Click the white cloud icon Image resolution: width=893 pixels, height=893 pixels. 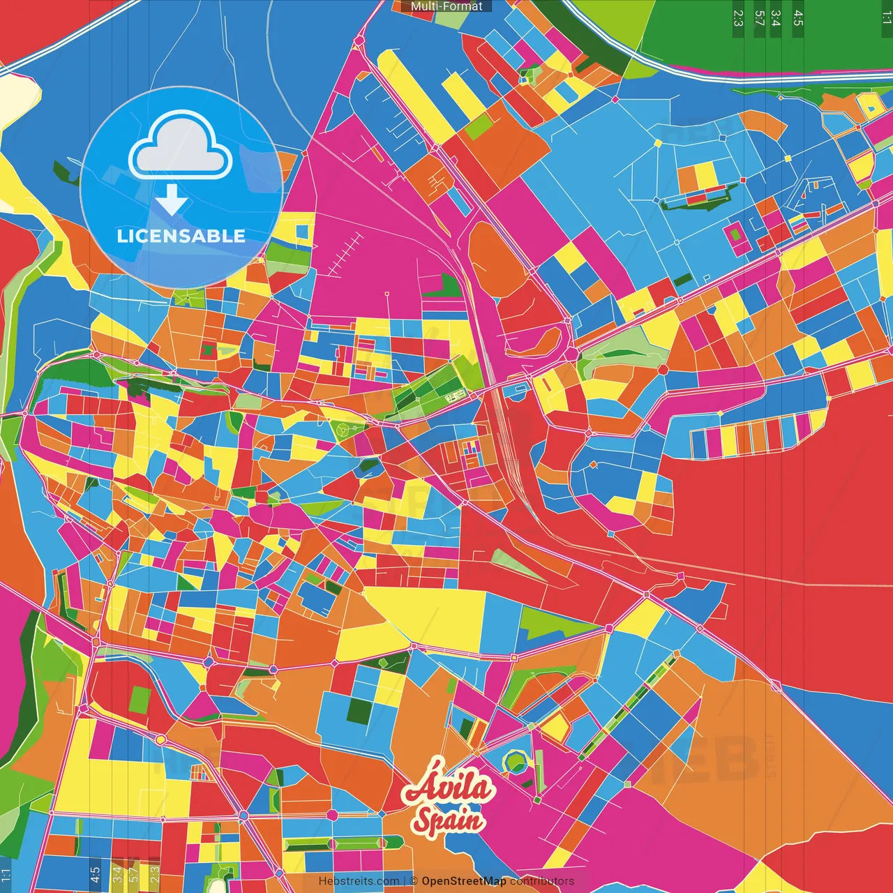[x=181, y=147]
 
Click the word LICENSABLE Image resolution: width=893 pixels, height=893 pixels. [x=181, y=236]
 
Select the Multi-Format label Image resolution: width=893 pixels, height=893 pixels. [x=446, y=6]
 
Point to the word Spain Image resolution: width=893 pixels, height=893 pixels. [x=449, y=819]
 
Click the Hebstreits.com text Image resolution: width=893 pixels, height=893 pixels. [x=359, y=881]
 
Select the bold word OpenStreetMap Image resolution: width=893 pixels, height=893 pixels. [x=464, y=881]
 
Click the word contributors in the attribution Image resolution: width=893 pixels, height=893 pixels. [x=542, y=881]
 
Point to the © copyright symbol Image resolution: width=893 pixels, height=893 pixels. [x=414, y=881]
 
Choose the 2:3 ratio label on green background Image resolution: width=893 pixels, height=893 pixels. [x=738, y=18]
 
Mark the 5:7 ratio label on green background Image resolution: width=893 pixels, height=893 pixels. [x=759, y=18]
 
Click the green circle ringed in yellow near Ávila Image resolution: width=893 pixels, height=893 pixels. [x=515, y=761]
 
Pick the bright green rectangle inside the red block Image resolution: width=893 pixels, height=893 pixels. [x=140, y=698]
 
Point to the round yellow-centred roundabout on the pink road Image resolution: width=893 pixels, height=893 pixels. [x=161, y=740]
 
